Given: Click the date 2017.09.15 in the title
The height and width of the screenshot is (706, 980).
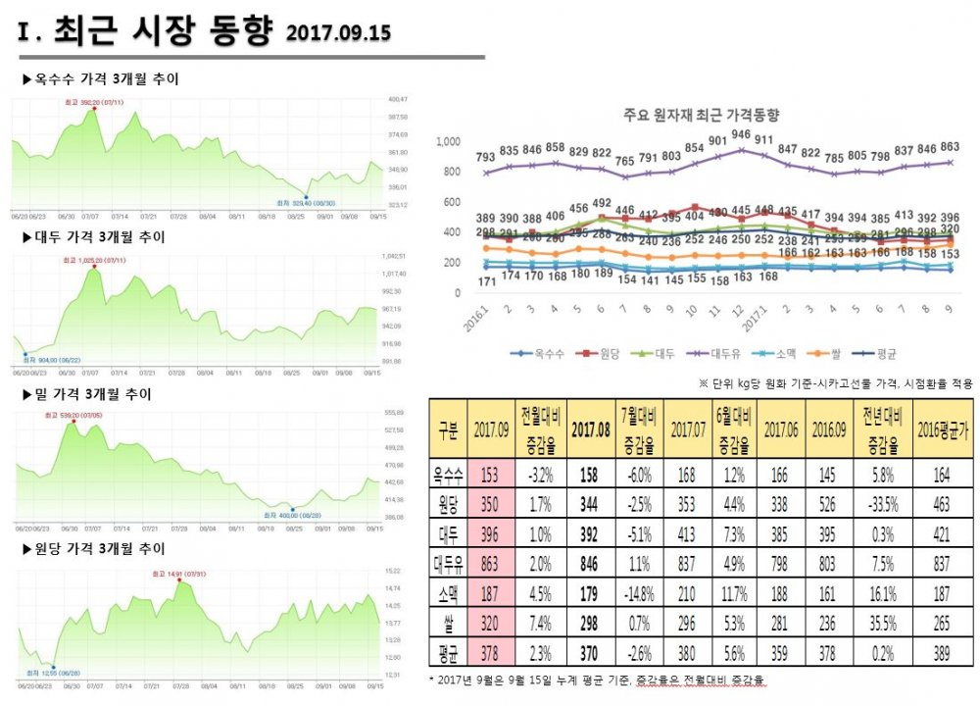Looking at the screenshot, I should [x=338, y=33].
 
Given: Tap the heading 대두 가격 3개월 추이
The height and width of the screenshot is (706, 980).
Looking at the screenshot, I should [x=93, y=237].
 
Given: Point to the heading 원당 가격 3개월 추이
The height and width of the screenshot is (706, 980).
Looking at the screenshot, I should [x=93, y=548].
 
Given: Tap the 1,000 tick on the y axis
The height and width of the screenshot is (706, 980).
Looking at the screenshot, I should [x=447, y=142].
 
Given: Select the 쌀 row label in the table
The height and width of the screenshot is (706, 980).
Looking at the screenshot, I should [x=449, y=617].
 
